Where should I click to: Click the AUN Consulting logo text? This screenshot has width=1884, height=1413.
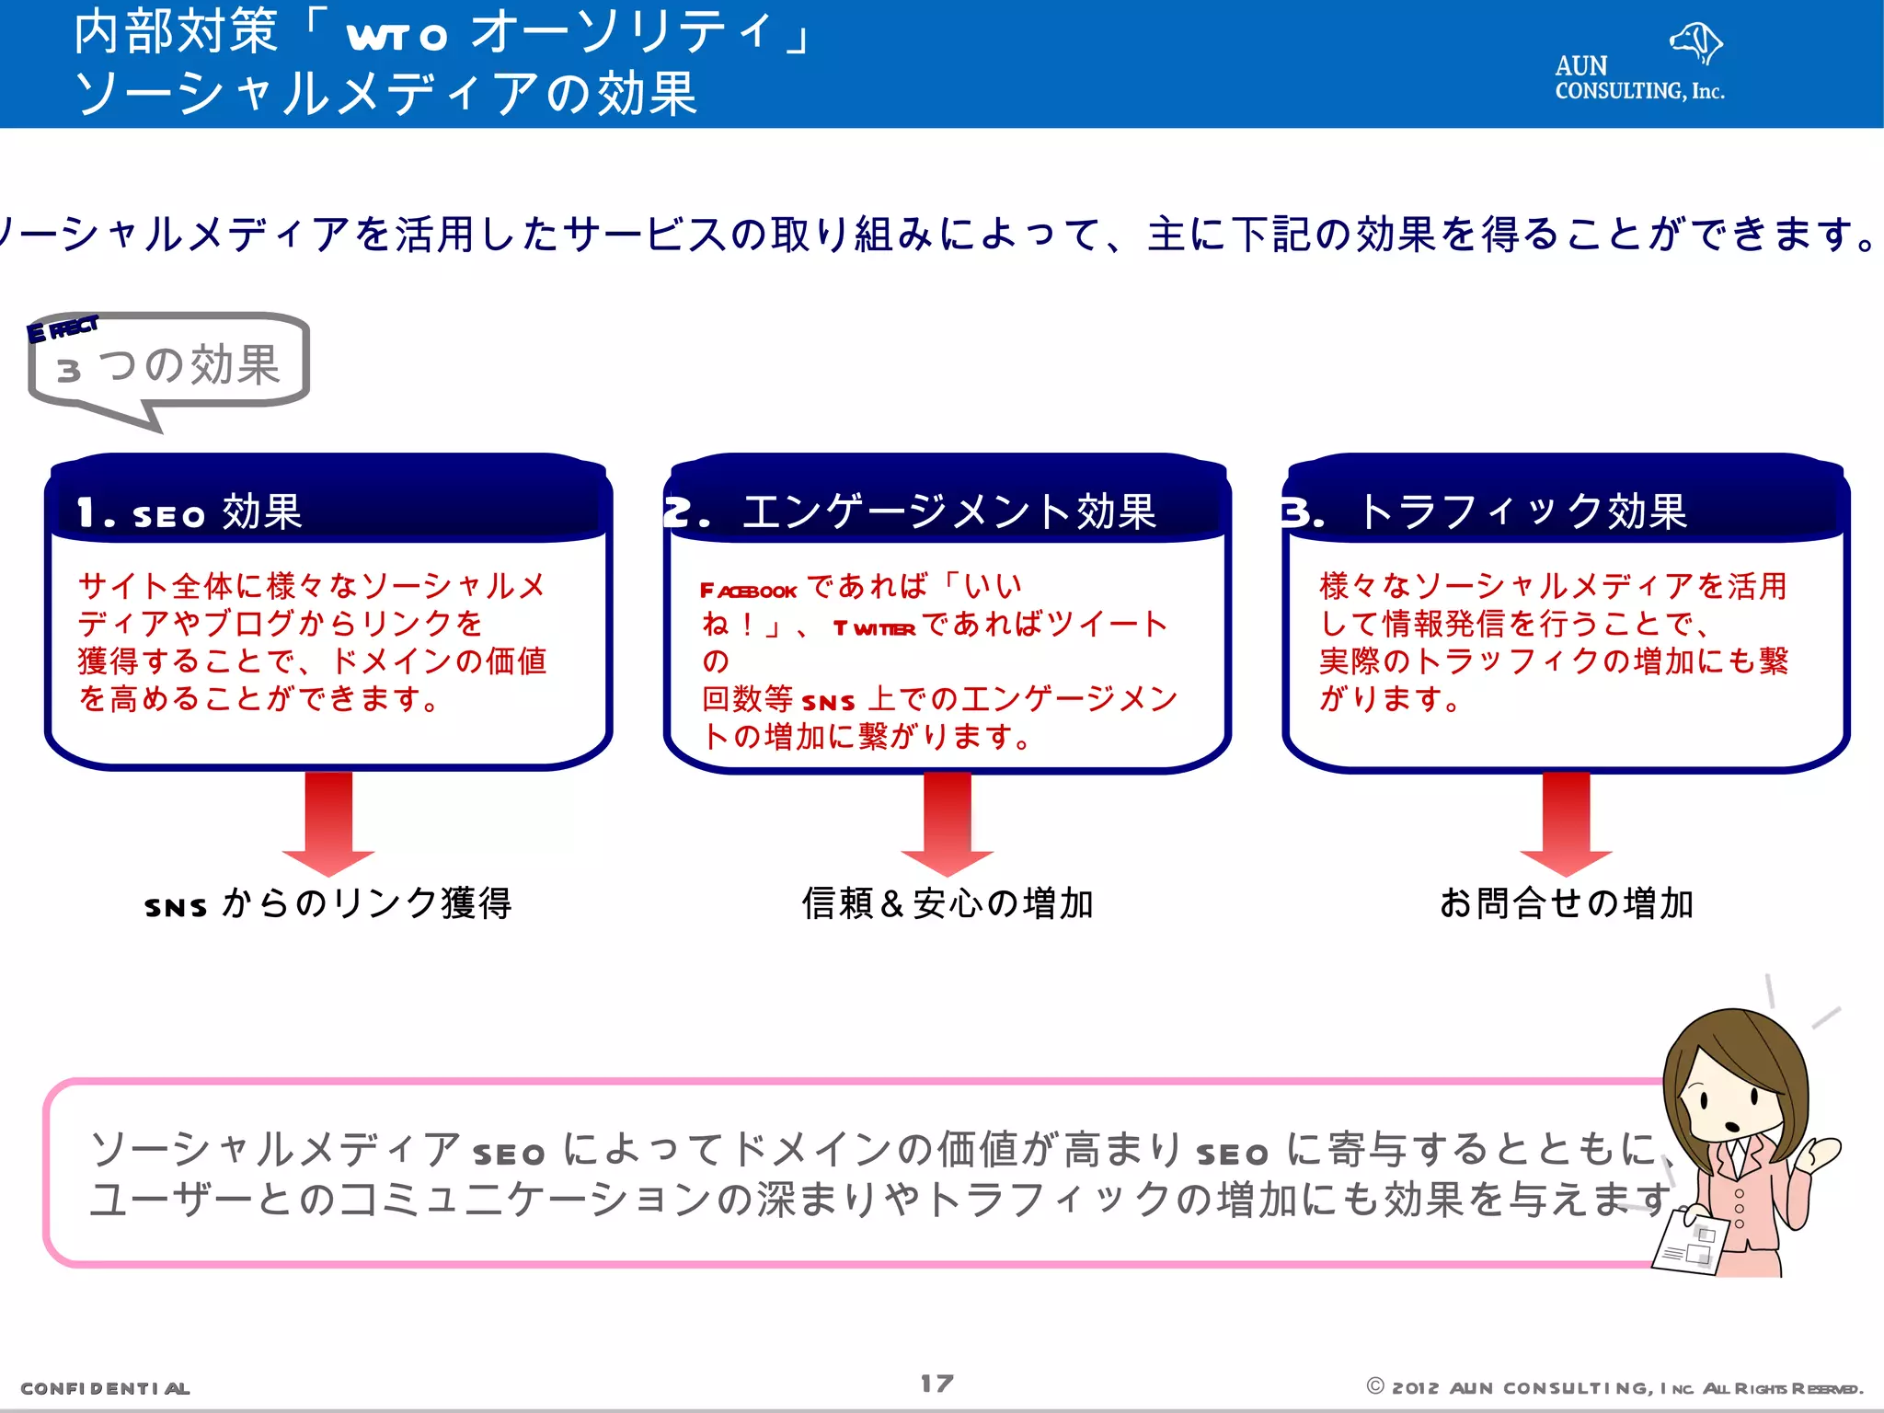pos(1638,79)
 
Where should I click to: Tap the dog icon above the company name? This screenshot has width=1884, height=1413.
pos(1695,41)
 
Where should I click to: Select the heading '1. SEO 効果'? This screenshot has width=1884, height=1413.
pos(190,512)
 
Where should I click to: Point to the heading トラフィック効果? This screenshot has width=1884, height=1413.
pos(1522,512)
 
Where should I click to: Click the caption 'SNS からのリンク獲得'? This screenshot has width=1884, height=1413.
pos(328,904)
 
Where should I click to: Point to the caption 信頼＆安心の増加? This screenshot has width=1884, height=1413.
pos(948,904)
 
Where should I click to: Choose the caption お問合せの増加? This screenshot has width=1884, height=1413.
pos(1566,904)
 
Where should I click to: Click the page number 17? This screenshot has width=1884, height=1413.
pos(937,1384)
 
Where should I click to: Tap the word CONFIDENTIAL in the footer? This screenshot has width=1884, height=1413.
pos(105,1388)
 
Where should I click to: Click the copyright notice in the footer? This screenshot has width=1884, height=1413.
pos(1614,1388)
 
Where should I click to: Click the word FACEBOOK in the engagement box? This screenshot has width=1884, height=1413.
pos(748,591)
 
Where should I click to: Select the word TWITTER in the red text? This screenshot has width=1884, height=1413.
pos(874,628)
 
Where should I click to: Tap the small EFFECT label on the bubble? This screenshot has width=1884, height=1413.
pos(63,328)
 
